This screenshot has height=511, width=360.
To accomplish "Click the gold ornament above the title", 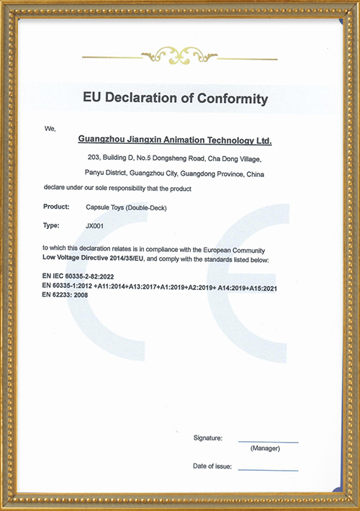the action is pyautogui.click(x=179, y=55).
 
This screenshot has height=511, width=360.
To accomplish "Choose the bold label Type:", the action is pyautogui.click(x=52, y=226).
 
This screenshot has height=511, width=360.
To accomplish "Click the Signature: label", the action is pyautogui.click(x=207, y=438).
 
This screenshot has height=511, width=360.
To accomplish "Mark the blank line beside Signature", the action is pyautogui.click(x=268, y=441).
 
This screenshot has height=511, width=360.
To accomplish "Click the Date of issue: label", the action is pyautogui.click(x=212, y=466).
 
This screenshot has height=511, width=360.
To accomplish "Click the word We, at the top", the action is pyautogui.click(x=50, y=128).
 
